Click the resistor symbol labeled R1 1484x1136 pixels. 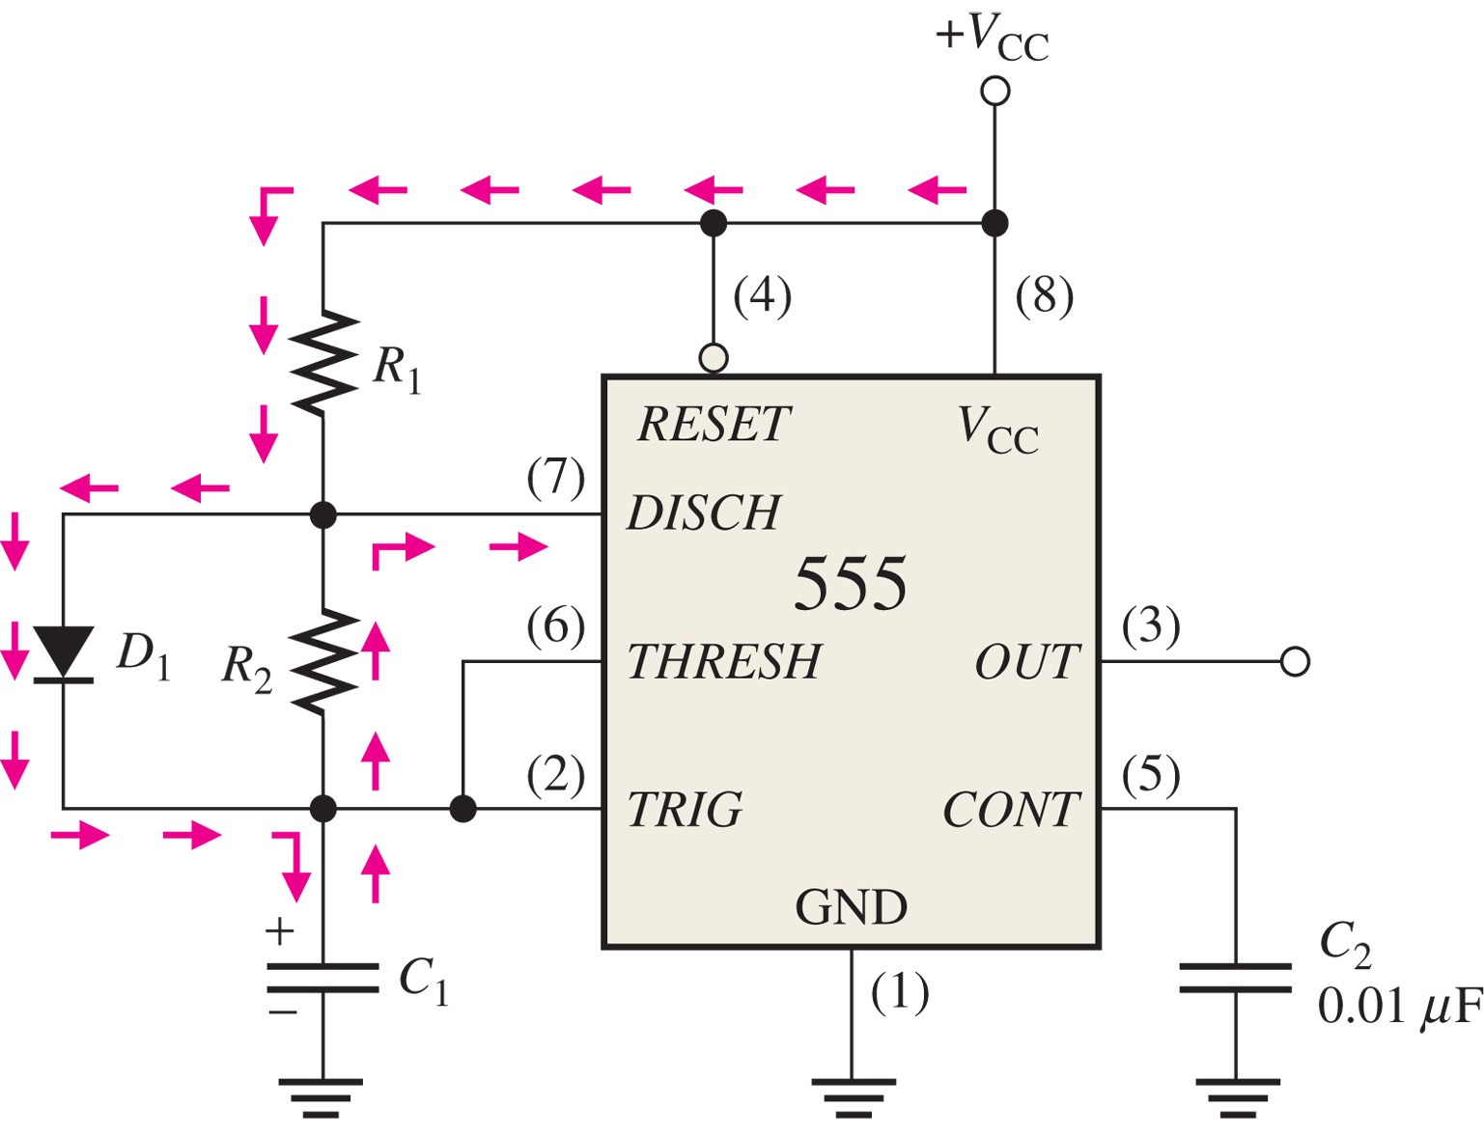pos(323,363)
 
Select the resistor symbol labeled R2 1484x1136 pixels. pos(323,661)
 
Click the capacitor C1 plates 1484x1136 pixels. pos(323,978)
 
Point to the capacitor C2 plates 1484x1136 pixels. pos(1236,978)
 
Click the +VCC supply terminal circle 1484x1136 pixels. pos(994,91)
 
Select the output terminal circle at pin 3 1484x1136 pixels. pos(1294,661)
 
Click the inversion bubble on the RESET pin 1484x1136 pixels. pos(714,358)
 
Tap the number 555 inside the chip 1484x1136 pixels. pos(851,584)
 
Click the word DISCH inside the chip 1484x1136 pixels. pos(704,513)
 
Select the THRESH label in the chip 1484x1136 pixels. pos(724,661)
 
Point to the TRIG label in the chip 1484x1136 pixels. pos(685,810)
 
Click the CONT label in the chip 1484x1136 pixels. pos(1012,810)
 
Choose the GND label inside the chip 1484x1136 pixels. pos(851,907)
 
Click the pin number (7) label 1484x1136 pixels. pos(556,479)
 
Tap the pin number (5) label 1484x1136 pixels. pos(1151,776)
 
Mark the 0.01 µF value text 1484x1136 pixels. pos(1400,1008)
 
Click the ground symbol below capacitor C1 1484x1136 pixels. pos(321,1097)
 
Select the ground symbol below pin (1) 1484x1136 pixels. pos(854,1097)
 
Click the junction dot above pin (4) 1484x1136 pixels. pos(714,223)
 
